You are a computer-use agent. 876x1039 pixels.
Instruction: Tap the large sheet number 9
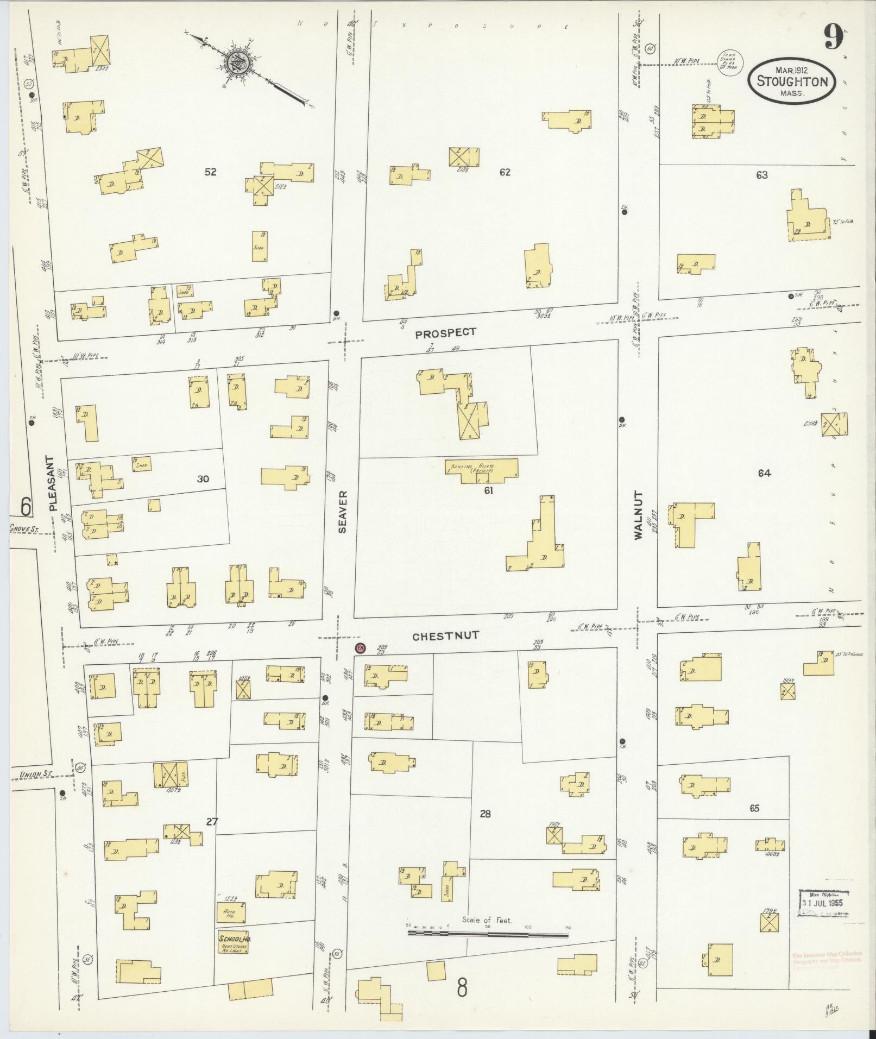833,38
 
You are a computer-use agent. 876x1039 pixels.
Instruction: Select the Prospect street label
445,333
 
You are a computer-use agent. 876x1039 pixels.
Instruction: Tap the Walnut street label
638,515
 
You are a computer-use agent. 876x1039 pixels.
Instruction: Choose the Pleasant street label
52,483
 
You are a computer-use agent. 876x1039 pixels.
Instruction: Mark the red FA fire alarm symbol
360,648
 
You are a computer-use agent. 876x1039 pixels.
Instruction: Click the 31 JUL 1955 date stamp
825,903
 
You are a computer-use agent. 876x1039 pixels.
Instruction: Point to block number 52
211,172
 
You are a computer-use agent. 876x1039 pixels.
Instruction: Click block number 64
764,473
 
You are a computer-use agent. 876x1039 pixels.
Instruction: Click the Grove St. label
22,528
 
